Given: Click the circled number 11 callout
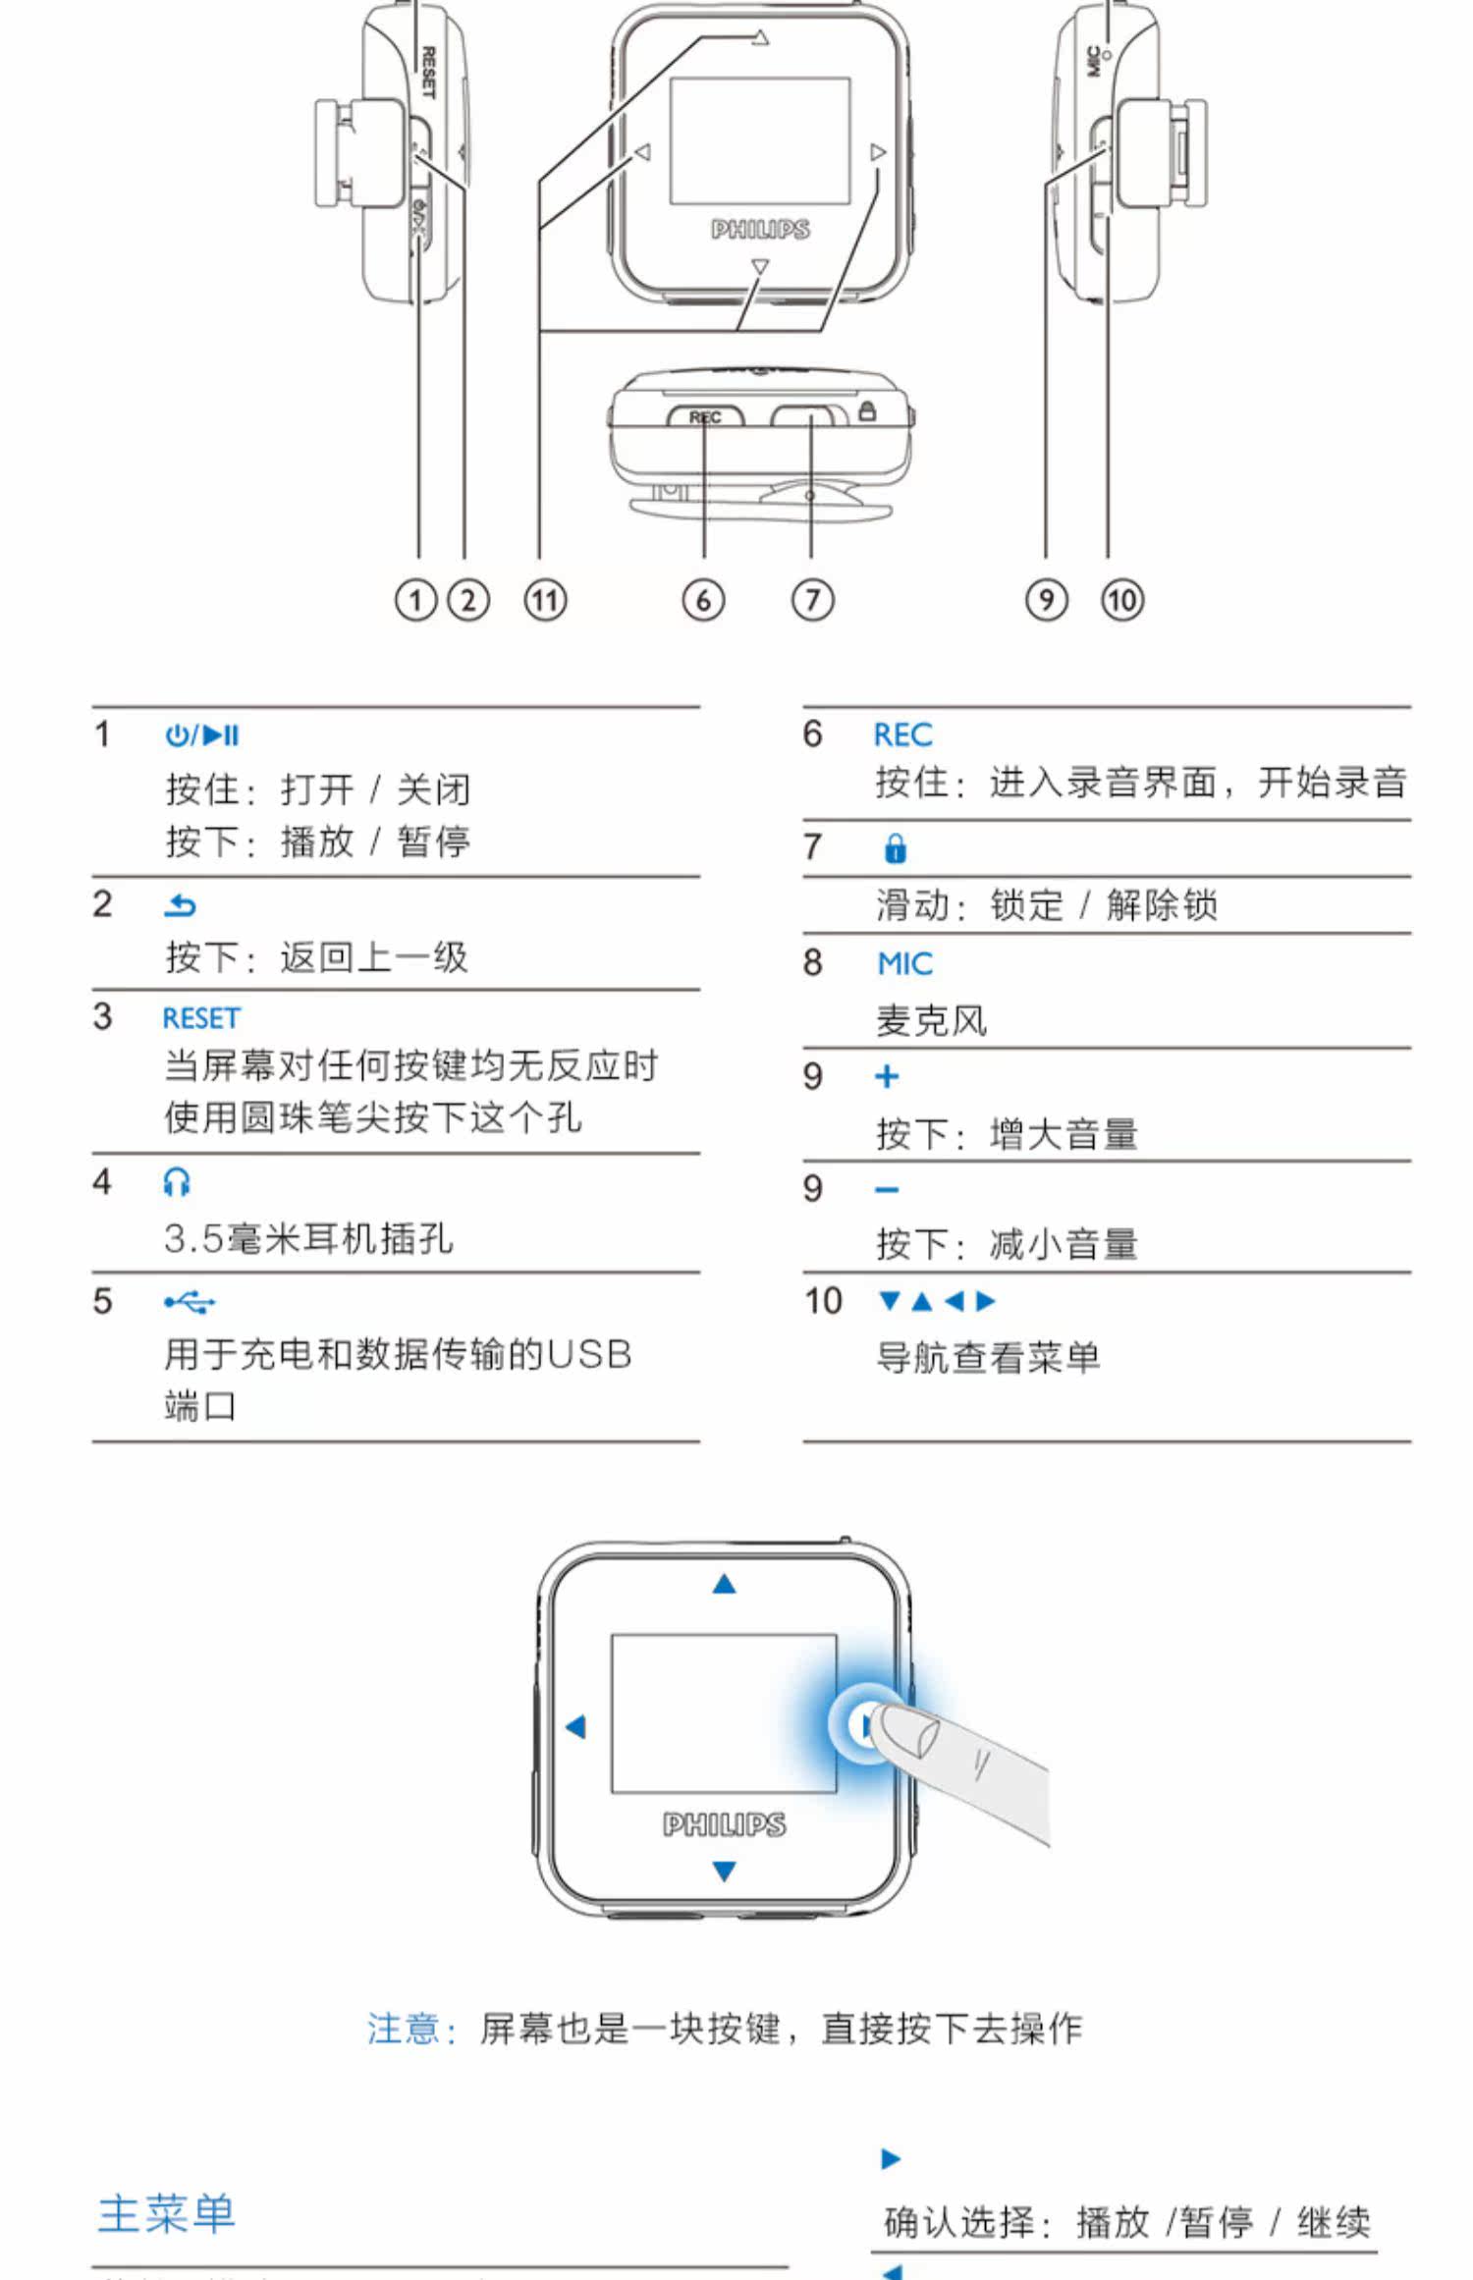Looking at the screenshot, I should tap(545, 600).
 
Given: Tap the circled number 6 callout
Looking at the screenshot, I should tap(703, 600).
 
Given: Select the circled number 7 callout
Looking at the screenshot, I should tap(812, 600).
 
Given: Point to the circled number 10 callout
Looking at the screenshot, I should tap(1122, 600).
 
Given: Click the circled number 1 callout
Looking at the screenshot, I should tap(415, 600).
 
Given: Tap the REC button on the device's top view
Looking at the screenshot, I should tap(705, 417).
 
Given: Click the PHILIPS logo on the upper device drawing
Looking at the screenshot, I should tap(760, 230).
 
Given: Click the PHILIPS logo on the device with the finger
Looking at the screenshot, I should tap(724, 1824).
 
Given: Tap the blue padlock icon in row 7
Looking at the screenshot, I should tap(895, 848).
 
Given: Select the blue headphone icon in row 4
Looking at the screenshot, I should tap(177, 1182).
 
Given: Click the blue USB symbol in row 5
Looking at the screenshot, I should tap(190, 1303).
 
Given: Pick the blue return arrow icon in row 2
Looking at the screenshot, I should tap(180, 905).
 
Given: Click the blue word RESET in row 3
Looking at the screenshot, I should tap(201, 1018).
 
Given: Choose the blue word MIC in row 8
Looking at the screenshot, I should tap(904, 963).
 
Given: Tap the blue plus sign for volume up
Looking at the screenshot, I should tap(887, 1077).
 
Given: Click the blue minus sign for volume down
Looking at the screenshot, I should tap(887, 1190).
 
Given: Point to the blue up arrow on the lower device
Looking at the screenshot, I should tap(724, 1584).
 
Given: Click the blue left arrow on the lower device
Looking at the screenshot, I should tap(576, 1726).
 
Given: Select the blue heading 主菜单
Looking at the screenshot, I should tap(167, 2214).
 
